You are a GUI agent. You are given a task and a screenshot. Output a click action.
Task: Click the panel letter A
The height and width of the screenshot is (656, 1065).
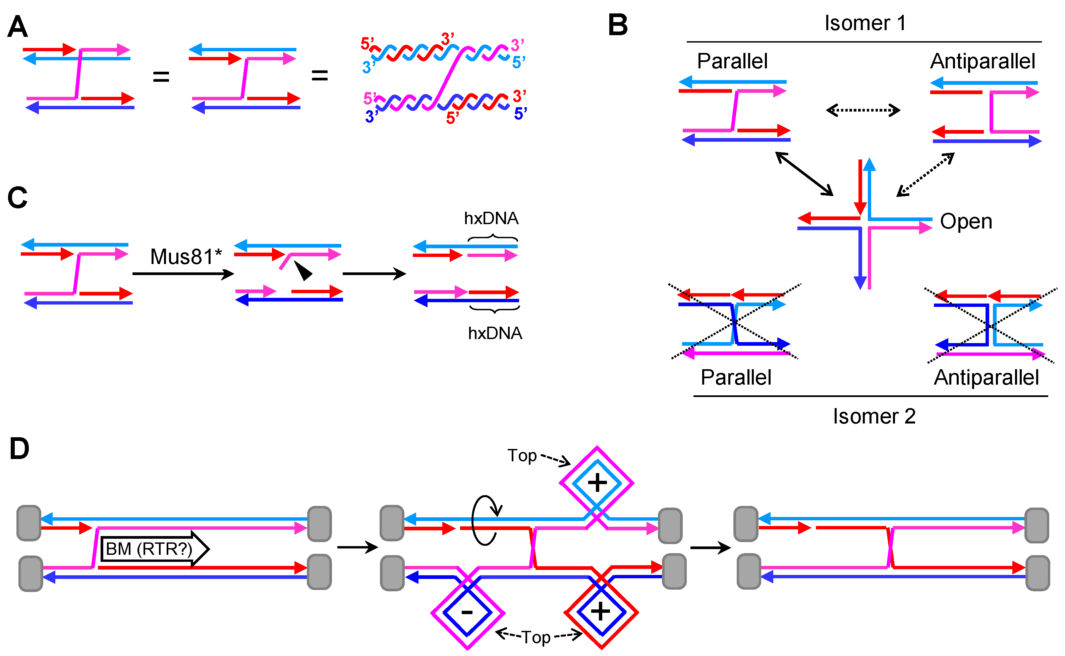pyautogui.click(x=18, y=27)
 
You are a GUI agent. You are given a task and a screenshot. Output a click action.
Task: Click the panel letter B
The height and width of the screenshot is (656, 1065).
pyautogui.click(x=617, y=25)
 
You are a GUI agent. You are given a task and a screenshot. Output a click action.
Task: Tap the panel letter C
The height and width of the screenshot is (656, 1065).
pyautogui.click(x=17, y=198)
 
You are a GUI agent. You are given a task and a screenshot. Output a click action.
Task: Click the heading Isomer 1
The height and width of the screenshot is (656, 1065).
pyautogui.click(x=865, y=23)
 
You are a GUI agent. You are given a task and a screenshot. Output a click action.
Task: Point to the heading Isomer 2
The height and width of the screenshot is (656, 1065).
pyautogui.click(x=874, y=416)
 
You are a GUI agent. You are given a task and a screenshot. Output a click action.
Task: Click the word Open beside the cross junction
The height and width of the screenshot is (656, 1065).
pyautogui.click(x=966, y=222)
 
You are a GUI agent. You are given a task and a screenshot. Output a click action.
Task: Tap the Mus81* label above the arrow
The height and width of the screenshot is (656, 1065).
pyautogui.click(x=186, y=257)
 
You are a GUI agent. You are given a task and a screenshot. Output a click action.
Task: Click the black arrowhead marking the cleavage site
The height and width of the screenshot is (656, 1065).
pyautogui.click(x=303, y=271)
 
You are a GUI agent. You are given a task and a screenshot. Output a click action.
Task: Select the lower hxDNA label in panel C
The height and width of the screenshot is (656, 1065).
pyautogui.click(x=495, y=333)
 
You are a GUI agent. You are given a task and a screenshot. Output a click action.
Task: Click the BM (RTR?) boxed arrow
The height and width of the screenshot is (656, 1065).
pyautogui.click(x=154, y=549)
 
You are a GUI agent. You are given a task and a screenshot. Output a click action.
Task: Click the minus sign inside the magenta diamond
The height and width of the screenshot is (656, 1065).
pyautogui.click(x=467, y=612)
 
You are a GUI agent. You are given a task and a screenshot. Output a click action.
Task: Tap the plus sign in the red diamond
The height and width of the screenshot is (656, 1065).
pyautogui.click(x=601, y=612)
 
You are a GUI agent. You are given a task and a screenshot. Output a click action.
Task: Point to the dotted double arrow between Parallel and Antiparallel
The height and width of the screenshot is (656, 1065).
pyautogui.click(x=863, y=110)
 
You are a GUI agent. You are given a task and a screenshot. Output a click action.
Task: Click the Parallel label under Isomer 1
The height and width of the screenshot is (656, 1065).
pyautogui.click(x=732, y=61)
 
